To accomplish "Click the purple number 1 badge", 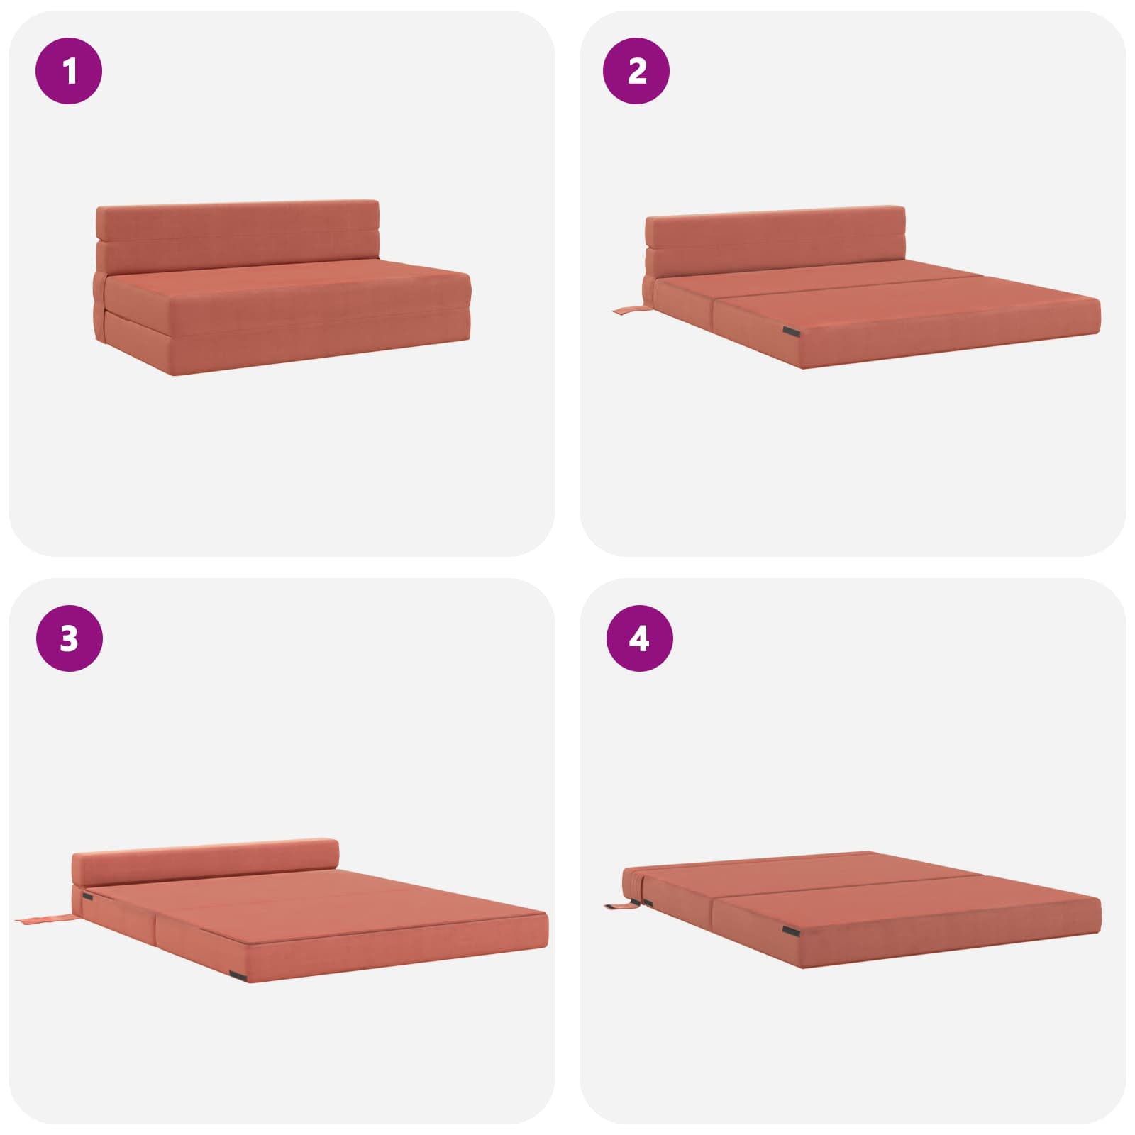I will pyautogui.click(x=69, y=71).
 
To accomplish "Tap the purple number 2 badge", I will pyautogui.click(x=636, y=71).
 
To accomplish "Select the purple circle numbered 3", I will pyautogui.click(x=69, y=638).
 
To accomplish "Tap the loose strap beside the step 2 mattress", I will pyautogui.click(x=629, y=310).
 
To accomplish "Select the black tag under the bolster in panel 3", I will pyautogui.click(x=87, y=897).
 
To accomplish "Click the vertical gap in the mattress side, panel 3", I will pyautogui.click(x=154, y=929).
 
